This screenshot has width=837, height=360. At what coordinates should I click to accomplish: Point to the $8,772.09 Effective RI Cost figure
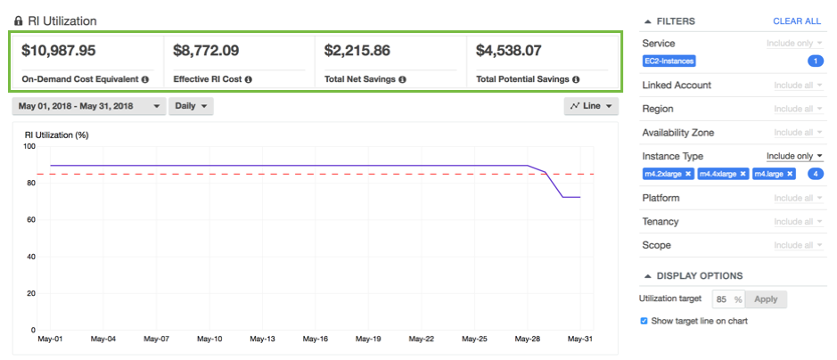(x=206, y=51)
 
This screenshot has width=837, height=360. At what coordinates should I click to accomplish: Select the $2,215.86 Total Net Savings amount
(x=357, y=51)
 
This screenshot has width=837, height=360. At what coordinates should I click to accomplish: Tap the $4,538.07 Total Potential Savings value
(x=509, y=51)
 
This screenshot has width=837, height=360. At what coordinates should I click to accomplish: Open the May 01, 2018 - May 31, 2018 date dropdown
(x=89, y=106)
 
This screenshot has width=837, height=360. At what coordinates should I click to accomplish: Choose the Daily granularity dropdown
(x=192, y=106)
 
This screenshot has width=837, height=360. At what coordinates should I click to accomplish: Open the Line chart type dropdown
(x=592, y=106)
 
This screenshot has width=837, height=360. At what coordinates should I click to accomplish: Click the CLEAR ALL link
(x=797, y=21)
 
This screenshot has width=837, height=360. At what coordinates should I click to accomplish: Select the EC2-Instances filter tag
(x=669, y=61)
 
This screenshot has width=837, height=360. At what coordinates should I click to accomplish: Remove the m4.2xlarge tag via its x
(x=688, y=174)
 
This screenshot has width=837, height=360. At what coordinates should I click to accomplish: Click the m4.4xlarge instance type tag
(x=718, y=174)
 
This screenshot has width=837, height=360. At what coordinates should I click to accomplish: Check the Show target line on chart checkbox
(x=644, y=321)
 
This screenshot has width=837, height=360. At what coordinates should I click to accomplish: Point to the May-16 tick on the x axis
(x=315, y=340)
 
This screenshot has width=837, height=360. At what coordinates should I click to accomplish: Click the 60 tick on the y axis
(x=29, y=220)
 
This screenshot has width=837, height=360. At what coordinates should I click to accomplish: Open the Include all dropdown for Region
(x=798, y=109)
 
